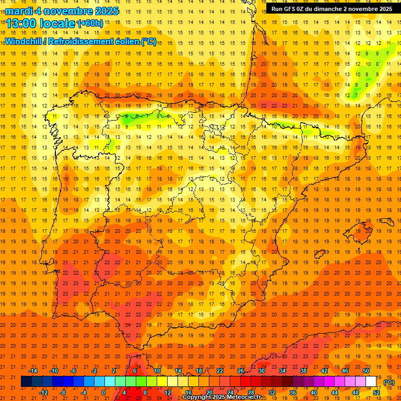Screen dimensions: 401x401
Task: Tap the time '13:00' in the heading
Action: (x=20, y=23)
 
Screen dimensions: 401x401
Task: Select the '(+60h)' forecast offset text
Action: (x=90, y=23)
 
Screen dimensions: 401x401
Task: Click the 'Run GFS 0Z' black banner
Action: (x=332, y=9)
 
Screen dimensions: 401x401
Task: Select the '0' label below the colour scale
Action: (x=103, y=393)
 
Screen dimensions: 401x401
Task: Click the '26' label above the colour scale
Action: (x=241, y=371)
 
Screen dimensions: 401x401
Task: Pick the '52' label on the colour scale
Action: (x=376, y=393)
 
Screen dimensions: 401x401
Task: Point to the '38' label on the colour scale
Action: (x=303, y=371)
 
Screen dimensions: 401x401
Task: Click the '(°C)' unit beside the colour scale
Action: (x=388, y=382)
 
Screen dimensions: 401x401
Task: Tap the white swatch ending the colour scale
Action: (x=371, y=382)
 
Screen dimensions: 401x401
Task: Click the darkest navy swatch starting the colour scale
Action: (x=26, y=382)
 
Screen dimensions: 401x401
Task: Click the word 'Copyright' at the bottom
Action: (x=197, y=397)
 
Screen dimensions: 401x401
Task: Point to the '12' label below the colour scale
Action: (x=168, y=393)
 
